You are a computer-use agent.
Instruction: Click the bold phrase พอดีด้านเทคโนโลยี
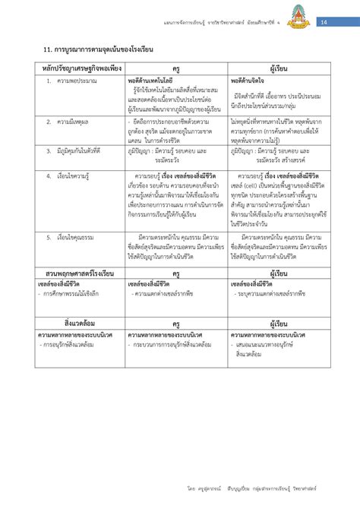pos(150,80)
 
